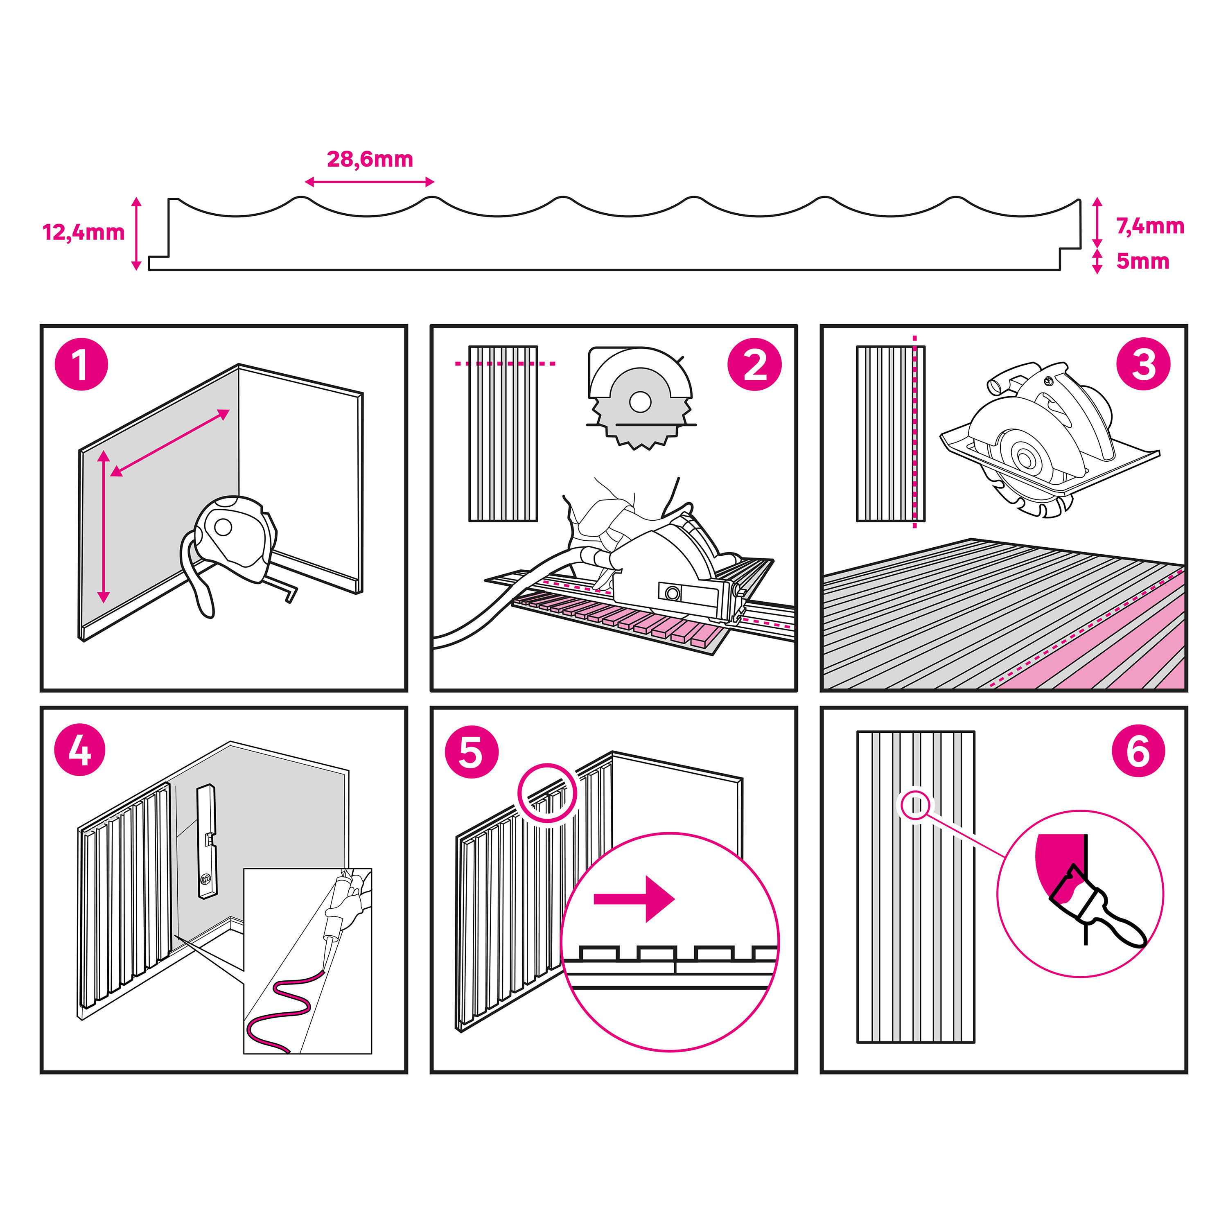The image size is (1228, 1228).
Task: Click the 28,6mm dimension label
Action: tap(370, 159)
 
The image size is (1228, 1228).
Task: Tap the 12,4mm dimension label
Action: tap(83, 233)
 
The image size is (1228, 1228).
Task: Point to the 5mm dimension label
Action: tap(1143, 261)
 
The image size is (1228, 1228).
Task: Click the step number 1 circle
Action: tap(81, 364)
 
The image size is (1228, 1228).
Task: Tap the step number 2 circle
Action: tap(754, 364)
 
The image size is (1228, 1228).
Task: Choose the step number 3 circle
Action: tap(1143, 364)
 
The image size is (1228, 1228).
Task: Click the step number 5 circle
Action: tap(471, 752)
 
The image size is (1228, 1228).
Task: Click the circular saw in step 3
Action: tap(1049, 438)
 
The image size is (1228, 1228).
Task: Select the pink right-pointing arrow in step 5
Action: tap(634, 899)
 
